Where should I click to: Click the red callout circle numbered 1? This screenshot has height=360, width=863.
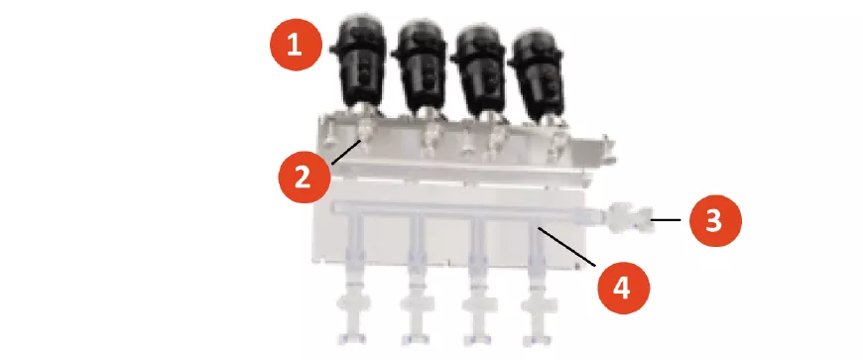pyautogui.click(x=296, y=44)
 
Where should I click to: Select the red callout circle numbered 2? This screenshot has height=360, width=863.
pyautogui.click(x=305, y=178)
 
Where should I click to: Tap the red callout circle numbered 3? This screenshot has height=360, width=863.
pyautogui.click(x=715, y=220)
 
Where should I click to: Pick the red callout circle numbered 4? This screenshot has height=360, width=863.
pyautogui.click(x=624, y=289)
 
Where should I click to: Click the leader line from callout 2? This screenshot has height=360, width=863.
pyautogui.click(x=346, y=152)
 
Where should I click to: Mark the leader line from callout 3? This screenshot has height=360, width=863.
pyautogui.click(x=667, y=219)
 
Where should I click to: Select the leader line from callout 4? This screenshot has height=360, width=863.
pyautogui.click(x=566, y=246)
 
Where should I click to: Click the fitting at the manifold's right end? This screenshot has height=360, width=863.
pyautogui.click(x=628, y=218)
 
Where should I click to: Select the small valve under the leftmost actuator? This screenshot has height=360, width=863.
pyautogui.click(x=365, y=131)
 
